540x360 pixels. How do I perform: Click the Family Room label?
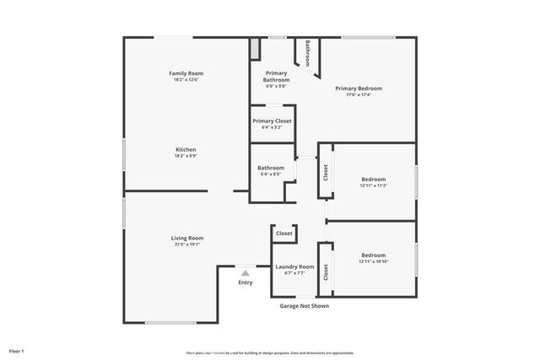pos(186,73)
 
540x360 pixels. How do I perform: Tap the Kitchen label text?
pos(186,149)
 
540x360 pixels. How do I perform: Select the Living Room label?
pos(187,238)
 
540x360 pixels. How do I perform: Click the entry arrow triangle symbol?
pos(246,272)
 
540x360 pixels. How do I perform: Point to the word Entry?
pos(246,282)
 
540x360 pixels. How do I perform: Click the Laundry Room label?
pos(294,266)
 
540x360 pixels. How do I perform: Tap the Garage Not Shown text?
pos(304,306)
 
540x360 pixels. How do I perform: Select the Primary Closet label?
pos(272,121)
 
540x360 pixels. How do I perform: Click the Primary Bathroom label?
pos(277,76)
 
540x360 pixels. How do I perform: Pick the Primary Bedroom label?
pos(358,89)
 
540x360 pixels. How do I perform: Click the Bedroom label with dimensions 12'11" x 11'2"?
pos(373,179)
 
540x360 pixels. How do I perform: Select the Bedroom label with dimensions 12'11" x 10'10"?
pos(373,255)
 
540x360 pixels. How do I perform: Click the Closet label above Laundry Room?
pos(283,234)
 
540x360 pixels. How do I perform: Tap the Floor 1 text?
pos(17,350)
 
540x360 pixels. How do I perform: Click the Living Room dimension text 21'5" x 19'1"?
pos(187,244)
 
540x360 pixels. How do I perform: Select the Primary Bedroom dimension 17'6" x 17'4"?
pos(358,94)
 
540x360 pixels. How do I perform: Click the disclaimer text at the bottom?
pos(271,352)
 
